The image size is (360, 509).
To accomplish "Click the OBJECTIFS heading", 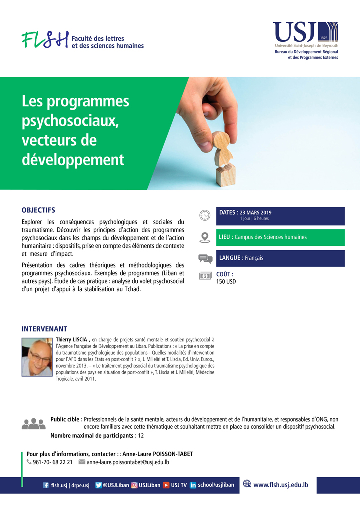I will click(x=38, y=210).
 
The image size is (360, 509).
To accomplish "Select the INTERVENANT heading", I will click(x=44, y=329).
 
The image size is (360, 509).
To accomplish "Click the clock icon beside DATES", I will click(x=205, y=215).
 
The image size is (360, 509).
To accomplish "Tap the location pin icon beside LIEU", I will click(x=205, y=237).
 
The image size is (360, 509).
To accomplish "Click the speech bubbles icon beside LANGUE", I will click(x=205, y=258).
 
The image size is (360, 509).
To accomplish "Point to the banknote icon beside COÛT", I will click(x=205, y=276).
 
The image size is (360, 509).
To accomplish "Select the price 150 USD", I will click(x=226, y=282).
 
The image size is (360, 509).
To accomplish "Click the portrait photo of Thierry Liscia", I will click(x=37, y=357).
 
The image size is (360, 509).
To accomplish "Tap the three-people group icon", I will click(x=34, y=423).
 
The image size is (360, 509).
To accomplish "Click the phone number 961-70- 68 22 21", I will click(x=52, y=462).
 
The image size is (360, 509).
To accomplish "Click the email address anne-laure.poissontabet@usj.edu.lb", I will click(x=128, y=462).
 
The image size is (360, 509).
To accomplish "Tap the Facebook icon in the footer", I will click(x=46, y=485).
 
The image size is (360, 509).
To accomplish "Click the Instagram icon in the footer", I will click(x=134, y=485).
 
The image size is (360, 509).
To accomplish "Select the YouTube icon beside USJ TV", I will click(x=166, y=485).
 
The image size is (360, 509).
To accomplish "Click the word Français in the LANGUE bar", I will click(x=254, y=258).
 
